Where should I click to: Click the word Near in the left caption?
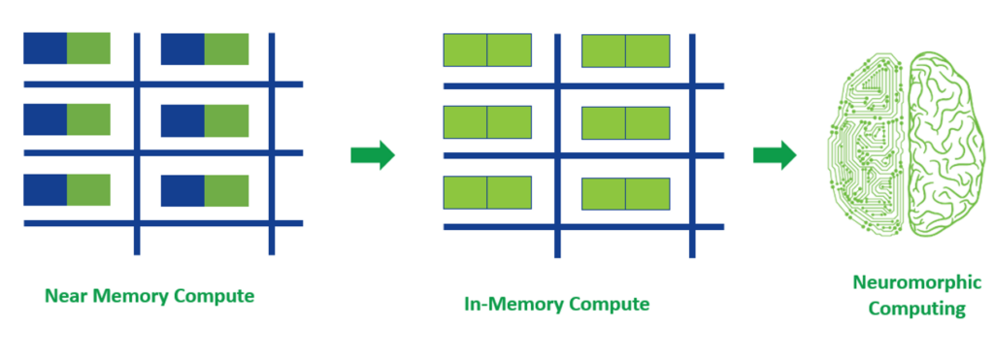pyautogui.click(x=65, y=295)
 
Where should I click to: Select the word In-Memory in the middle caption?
pyautogui.click(x=514, y=304)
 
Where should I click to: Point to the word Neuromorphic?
pyautogui.click(x=904, y=284)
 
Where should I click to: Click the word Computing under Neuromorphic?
pyautogui.click(x=904, y=309)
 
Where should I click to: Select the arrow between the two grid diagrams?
pyautogui.click(x=373, y=155)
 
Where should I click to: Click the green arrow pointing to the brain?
pyautogui.click(x=775, y=155)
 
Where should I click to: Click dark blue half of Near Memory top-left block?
pyautogui.click(x=45, y=48)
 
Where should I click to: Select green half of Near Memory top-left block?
pyautogui.click(x=88, y=48)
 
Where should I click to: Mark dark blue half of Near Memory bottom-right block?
pyautogui.click(x=182, y=190)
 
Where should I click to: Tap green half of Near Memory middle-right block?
pyautogui.click(x=227, y=119)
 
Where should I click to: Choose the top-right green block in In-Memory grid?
pyautogui.click(x=626, y=51)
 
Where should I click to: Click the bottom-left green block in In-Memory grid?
pyautogui.click(x=487, y=192)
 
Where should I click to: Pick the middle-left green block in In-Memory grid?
pyautogui.click(x=487, y=121)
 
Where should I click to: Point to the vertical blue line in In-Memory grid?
pyautogui.click(x=557, y=146)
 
